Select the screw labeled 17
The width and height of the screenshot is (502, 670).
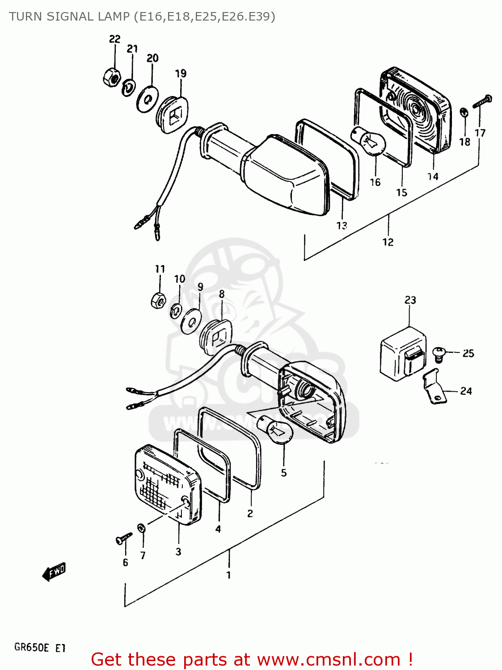pos(482,101)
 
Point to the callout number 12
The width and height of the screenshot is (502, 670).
pos(388,242)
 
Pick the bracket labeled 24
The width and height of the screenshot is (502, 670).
pos(434,387)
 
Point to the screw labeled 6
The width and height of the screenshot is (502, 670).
pos(123,538)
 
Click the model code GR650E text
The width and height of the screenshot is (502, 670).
pos(31,647)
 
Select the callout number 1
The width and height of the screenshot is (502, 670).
pos(228,575)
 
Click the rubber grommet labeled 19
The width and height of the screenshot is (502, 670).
pos(172,114)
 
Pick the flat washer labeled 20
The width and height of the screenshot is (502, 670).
pos(147,99)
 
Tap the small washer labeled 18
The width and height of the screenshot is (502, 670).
pos(464,112)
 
